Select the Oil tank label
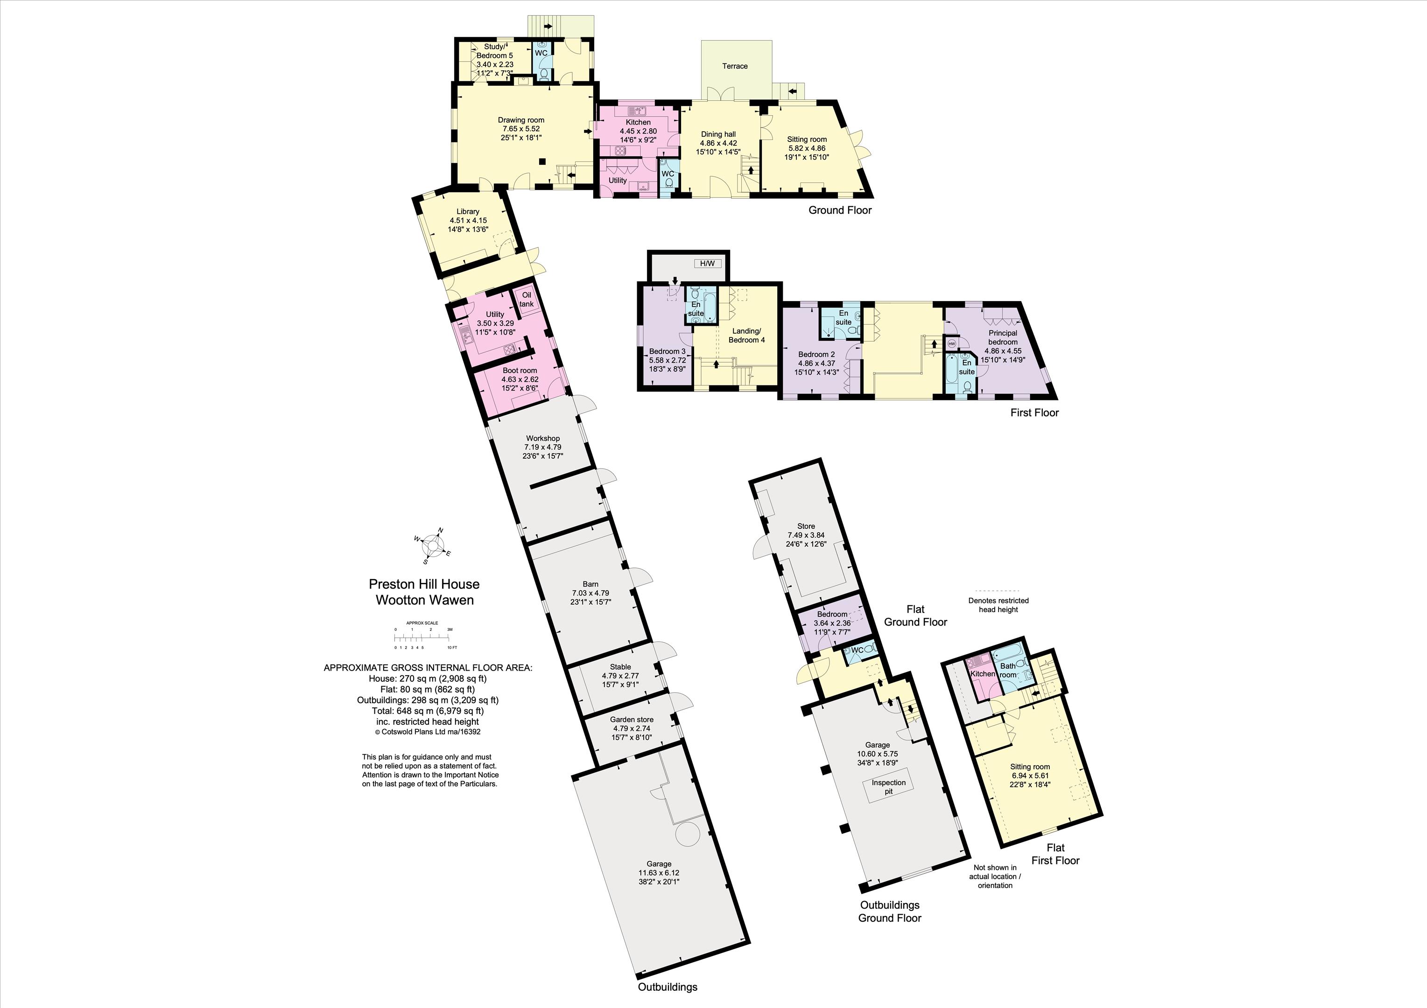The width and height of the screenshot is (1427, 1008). pyautogui.click(x=527, y=300)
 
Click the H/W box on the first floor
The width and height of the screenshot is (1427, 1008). pyautogui.click(x=707, y=264)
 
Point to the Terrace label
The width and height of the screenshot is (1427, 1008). pyautogui.click(x=735, y=66)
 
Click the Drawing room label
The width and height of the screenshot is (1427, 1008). pyautogui.click(x=521, y=120)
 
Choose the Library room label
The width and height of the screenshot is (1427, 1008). pyautogui.click(x=468, y=211)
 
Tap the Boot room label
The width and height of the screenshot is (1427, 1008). pyautogui.click(x=520, y=371)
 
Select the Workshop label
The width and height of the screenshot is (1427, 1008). pyautogui.click(x=542, y=438)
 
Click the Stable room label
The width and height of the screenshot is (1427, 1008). pyautogui.click(x=620, y=667)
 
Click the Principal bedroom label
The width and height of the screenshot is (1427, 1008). pyautogui.click(x=1003, y=337)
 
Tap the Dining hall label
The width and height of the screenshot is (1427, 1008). pyautogui.click(x=718, y=134)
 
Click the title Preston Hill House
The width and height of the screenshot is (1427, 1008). pyautogui.click(x=424, y=584)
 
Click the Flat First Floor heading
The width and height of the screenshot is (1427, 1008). pyautogui.click(x=1055, y=854)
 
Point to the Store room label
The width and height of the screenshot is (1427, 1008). pyautogui.click(x=806, y=526)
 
